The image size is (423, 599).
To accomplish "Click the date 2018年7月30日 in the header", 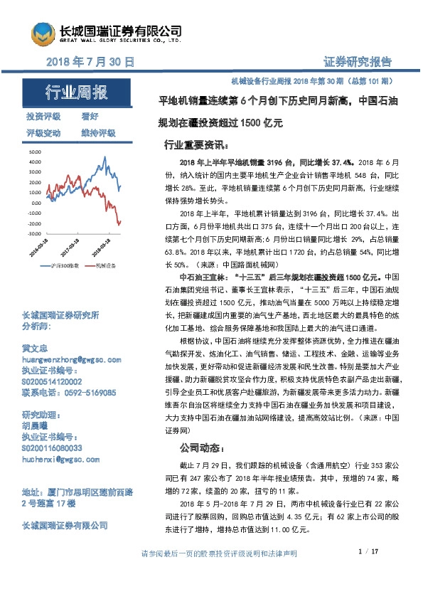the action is click(90, 62).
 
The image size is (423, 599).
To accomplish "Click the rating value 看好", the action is click(90, 116).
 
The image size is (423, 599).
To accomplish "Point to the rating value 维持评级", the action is click(98, 133).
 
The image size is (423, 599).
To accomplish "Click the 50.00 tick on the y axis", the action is click(35, 152).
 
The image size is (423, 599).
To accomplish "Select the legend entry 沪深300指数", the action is click(68, 266).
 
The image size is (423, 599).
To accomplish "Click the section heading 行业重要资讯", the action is click(196, 144).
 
